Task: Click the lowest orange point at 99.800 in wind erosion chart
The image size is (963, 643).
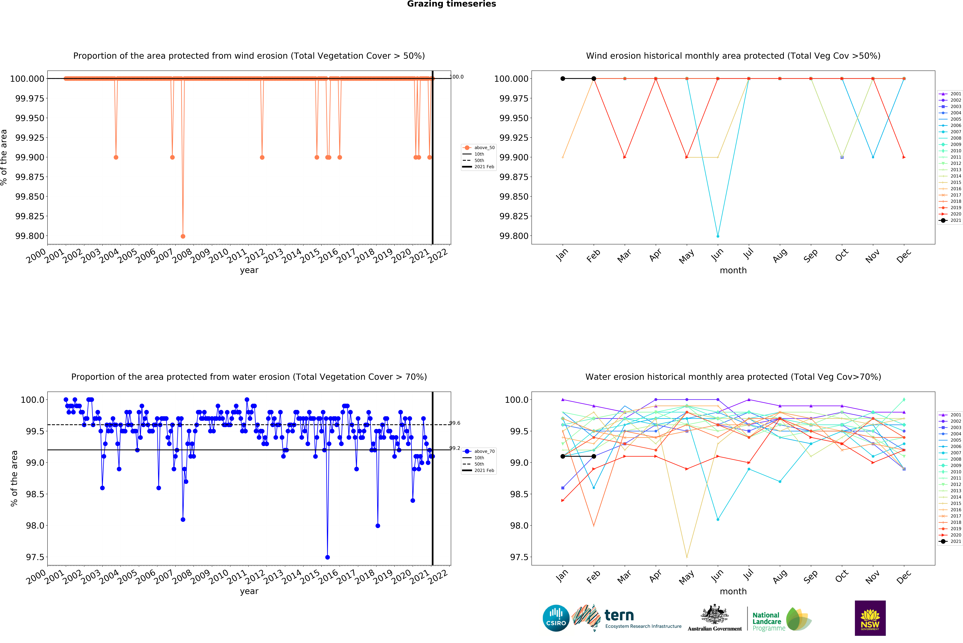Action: [x=183, y=236]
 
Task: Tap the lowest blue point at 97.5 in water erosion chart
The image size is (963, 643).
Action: [x=327, y=557]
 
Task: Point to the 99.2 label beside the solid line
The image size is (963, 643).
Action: [x=455, y=448]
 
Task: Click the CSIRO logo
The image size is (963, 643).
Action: [x=556, y=618]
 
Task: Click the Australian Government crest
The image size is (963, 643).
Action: [x=715, y=615]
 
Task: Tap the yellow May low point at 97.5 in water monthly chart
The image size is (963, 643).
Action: [x=687, y=557]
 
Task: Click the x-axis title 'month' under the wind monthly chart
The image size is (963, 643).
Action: [x=733, y=270]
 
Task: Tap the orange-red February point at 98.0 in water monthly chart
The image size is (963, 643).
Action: [x=594, y=526]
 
